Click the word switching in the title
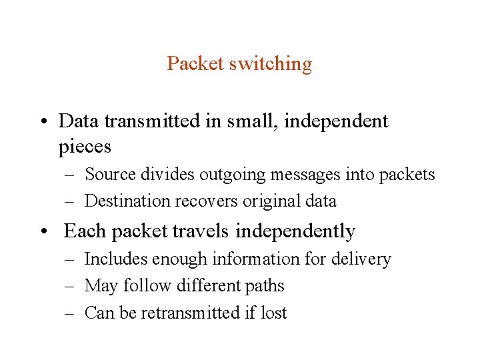[271, 64]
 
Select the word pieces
[85, 146]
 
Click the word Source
[111, 175]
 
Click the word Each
[85, 231]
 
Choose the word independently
[295, 231]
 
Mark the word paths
[265, 285]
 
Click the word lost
[273, 313]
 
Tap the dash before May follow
[70, 286]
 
